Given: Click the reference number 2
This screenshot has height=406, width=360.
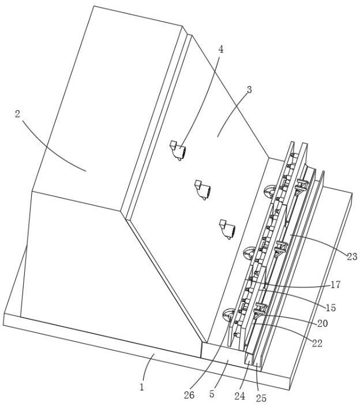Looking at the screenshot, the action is [x=17, y=114].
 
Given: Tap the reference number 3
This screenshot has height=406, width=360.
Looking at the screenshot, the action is [x=249, y=90].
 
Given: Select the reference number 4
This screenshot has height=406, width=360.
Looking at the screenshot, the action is [x=220, y=49].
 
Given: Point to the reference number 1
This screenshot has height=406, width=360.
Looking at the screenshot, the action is [x=141, y=388].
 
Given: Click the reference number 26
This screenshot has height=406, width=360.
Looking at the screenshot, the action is [x=189, y=395].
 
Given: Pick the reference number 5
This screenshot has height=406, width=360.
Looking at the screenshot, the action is [x=212, y=394].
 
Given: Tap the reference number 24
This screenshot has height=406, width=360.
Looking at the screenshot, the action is [x=240, y=396].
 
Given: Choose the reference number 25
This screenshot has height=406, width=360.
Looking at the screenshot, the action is [x=261, y=398].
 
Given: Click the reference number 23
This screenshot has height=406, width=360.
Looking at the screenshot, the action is [x=352, y=256].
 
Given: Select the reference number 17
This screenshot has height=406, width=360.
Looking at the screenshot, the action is [x=335, y=285].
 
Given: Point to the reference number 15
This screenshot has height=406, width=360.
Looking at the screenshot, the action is [x=331, y=308].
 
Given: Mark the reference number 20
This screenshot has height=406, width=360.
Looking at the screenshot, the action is [x=322, y=323].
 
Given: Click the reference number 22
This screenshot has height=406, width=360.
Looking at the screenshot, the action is [x=317, y=344].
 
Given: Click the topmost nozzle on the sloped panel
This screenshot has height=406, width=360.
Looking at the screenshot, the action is [x=178, y=151].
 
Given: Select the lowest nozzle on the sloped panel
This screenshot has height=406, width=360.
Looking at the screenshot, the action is [x=227, y=229].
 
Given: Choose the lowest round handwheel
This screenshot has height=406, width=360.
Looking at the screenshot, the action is [x=228, y=315].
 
